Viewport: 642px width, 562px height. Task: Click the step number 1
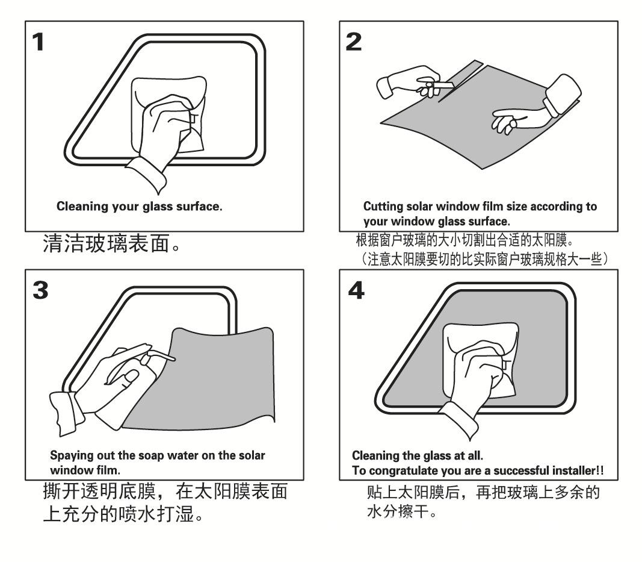[x=38, y=42]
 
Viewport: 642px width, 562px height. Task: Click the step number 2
[x=354, y=42]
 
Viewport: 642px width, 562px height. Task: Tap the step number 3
[x=40, y=290]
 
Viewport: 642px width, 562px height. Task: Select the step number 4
[x=356, y=290]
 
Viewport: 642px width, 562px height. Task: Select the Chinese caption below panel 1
[x=111, y=243]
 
